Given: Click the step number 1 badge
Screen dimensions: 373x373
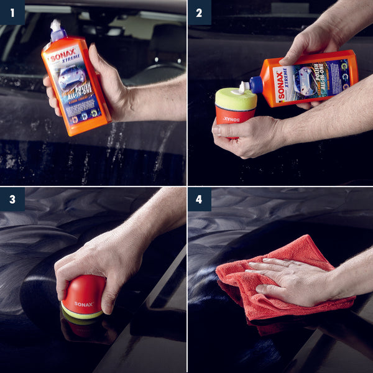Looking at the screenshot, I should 12,12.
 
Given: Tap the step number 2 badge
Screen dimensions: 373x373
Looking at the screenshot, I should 199,12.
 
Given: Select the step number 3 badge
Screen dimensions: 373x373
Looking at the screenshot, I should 12,199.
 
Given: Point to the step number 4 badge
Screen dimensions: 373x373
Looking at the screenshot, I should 199,199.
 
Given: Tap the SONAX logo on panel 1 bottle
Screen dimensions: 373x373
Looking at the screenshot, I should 63,55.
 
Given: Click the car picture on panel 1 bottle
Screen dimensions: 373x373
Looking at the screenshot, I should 72,78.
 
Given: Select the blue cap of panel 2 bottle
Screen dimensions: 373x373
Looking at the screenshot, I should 256,85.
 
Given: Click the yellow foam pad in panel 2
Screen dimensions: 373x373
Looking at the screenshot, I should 235,98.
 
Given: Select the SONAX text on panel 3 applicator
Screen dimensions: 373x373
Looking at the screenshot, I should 83,304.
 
